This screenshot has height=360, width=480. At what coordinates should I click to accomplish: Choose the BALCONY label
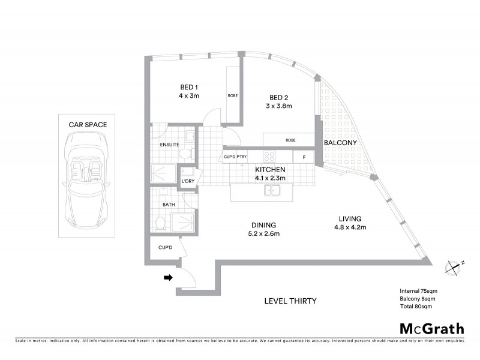tap(340, 143)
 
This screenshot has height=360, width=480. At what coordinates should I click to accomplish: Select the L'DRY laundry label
tap(187, 181)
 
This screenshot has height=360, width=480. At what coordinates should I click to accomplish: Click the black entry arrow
tap(169, 277)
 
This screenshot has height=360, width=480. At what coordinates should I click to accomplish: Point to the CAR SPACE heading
tap(88, 125)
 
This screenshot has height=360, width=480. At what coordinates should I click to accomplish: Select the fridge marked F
tap(304, 157)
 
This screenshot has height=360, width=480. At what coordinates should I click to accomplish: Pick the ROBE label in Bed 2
tap(290, 140)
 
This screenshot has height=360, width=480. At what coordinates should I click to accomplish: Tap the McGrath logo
tap(431, 328)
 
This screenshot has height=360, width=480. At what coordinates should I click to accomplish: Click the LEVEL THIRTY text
tap(290, 301)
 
